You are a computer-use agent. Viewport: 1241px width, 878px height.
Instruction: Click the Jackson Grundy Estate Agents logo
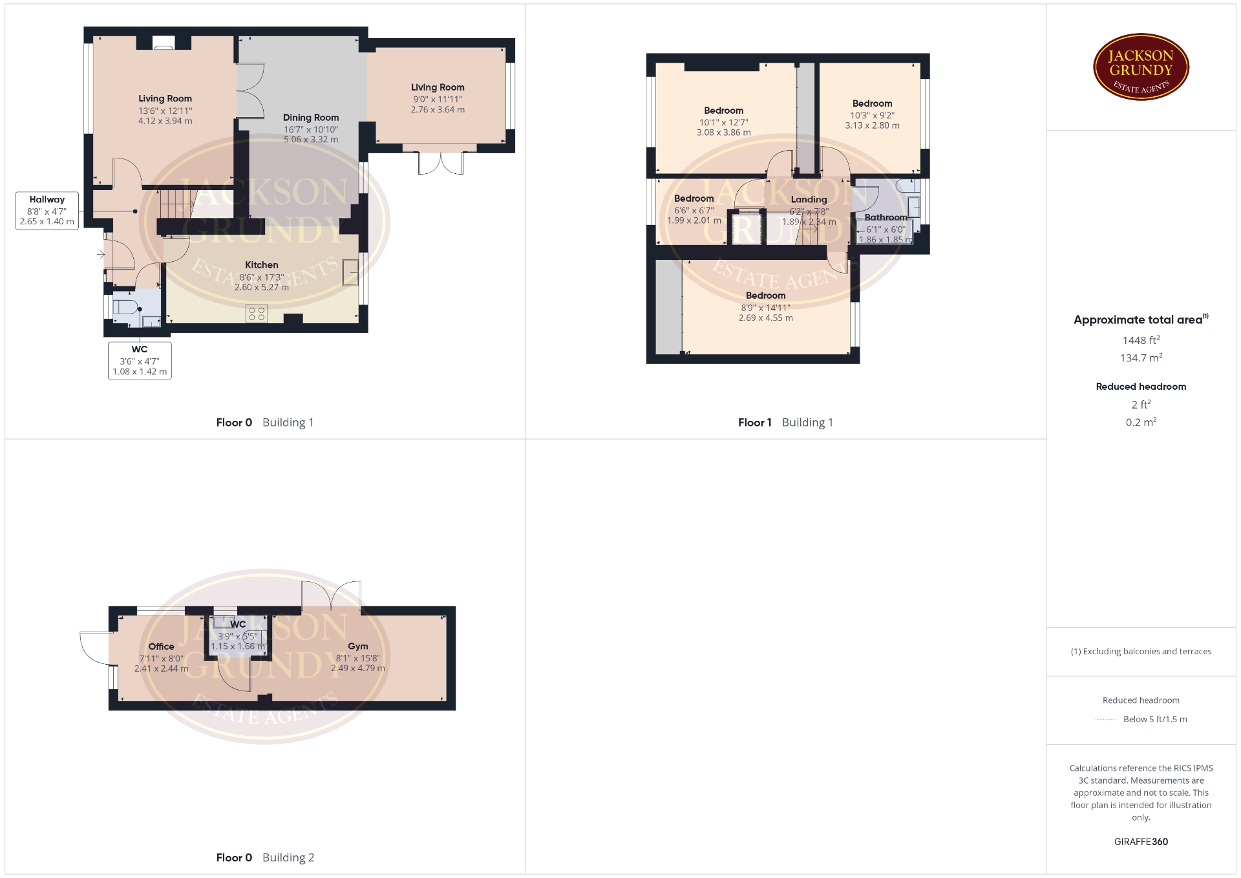coord(1141,67)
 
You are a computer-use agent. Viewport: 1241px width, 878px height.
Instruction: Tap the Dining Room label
coord(311,118)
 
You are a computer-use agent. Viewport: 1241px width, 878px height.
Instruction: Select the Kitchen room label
coord(262,265)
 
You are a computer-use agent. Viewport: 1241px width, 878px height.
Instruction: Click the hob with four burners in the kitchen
coord(257,314)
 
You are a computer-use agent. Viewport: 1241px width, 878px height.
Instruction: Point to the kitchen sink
coord(350,272)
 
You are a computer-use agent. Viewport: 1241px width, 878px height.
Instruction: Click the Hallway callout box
coord(47,210)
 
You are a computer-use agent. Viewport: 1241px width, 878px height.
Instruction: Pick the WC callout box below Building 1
coord(140,360)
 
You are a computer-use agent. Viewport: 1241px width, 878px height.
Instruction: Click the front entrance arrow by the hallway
coord(101,255)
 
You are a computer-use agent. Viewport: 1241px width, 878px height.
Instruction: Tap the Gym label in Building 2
coord(358,647)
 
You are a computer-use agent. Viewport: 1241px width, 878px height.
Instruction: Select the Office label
coord(161,647)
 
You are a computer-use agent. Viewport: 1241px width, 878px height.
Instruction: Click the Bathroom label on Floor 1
coord(886,217)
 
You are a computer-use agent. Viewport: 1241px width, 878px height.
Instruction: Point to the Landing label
coord(809,200)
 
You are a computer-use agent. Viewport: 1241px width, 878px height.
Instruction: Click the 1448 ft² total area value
coord(1141,340)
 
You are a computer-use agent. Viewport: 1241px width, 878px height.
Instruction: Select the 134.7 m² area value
coord(1141,358)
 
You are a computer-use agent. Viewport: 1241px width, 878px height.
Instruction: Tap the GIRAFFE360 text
coord(1141,842)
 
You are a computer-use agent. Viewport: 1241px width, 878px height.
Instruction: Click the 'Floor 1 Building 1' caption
coord(785,423)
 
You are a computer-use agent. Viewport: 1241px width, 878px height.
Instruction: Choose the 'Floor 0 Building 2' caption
coord(265,858)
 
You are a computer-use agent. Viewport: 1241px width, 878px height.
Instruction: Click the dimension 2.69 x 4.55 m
coord(765,318)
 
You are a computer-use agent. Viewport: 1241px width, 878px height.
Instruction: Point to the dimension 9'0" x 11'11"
coord(438,100)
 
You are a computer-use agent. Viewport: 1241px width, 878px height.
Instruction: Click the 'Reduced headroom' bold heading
coord(1141,387)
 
